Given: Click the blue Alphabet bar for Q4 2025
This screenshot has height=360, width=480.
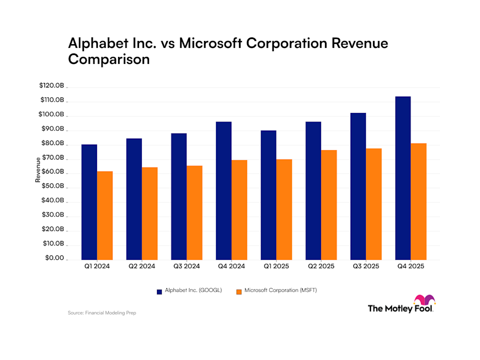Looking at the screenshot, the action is pos(403,178).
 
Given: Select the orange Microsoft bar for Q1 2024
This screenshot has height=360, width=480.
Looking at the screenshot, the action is pos(104,215).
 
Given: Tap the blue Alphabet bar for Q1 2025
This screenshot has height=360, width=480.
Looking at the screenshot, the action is pos(268,195).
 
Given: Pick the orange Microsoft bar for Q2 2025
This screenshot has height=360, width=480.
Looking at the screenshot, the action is pos(329,205).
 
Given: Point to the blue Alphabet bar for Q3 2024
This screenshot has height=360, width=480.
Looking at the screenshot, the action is pos(179,196).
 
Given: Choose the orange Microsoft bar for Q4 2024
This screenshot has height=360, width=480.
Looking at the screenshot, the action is pos(239,210).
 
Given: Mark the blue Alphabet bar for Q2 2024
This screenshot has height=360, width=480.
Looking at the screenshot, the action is pos(134,199).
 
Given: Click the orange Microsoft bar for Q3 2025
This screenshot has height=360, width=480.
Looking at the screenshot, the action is pos(374,204).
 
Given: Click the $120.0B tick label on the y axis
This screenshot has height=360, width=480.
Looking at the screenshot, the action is pos(51,85).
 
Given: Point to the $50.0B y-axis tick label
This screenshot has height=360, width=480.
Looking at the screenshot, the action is pos(52,186).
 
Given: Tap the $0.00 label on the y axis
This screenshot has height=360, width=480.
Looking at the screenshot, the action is pos(54,258).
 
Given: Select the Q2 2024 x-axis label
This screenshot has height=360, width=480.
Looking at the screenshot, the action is pos(141,266).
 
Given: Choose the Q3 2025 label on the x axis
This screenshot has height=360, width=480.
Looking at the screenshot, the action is pos(366,266).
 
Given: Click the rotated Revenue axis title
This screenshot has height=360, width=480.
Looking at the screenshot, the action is pos(38,170).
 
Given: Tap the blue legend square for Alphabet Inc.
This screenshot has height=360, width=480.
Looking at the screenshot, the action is pos(159,291).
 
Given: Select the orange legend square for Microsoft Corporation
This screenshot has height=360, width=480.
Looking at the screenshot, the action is pos(239,291).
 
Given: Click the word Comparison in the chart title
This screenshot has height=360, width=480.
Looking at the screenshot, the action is pos(109,59).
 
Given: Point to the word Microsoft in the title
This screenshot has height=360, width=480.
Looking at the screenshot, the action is pos(210,43).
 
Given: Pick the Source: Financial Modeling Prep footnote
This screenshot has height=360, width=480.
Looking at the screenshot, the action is pos(102,313).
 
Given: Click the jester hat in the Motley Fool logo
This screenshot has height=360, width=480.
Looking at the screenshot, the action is pos(424,299).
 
